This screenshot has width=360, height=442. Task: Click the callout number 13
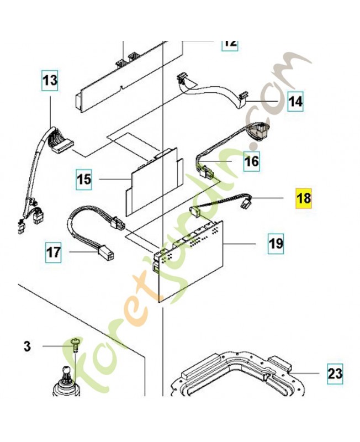click(x=50, y=80)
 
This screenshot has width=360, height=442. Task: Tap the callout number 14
click(x=295, y=101)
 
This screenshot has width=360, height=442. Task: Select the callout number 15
click(x=84, y=179)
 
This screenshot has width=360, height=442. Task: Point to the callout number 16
click(x=252, y=161)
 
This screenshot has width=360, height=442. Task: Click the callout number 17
click(x=54, y=252)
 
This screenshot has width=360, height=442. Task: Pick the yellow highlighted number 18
click(x=304, y=198)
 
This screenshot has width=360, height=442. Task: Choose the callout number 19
click(x=276, y=244)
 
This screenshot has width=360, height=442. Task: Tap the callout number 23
click(x=335, y=374)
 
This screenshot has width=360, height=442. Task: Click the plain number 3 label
click(x=27, y=346)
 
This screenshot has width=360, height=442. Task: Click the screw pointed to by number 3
click(x=75, y=345)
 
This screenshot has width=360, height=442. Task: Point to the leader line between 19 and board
click(x=240, y=244)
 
